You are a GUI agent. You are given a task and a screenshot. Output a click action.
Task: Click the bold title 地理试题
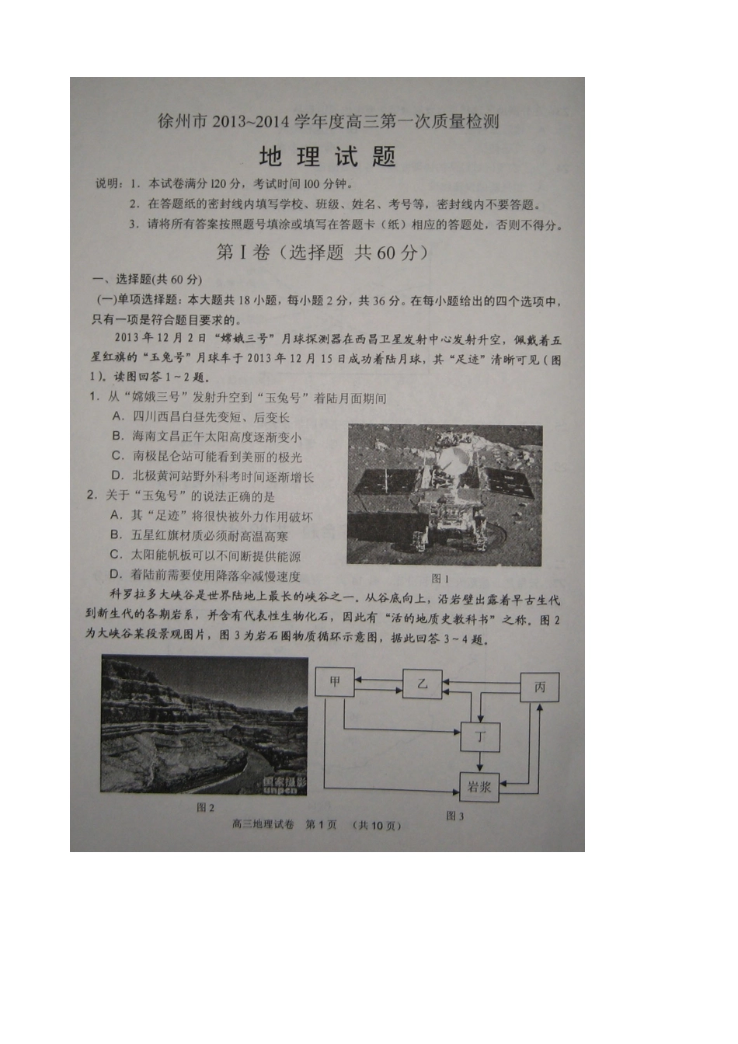coord(327,157)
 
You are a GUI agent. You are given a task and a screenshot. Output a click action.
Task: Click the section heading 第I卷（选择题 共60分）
coord(322,252)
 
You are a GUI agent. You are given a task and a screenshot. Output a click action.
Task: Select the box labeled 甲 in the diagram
coord(335,682)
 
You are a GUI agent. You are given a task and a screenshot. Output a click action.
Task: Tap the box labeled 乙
coord(422,684)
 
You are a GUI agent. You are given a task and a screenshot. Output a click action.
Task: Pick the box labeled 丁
coord(479,736)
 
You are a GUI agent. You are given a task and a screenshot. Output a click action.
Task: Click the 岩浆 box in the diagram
coord(479,787)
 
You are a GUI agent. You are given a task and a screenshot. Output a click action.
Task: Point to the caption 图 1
coord(440,579)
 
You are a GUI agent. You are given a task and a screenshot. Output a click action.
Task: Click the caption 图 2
coord(205,808)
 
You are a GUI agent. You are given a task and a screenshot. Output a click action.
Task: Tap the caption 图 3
coord(454,816)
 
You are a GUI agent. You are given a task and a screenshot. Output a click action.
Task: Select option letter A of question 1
coord(118,416)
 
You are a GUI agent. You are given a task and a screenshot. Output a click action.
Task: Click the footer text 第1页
coord(321,825)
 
